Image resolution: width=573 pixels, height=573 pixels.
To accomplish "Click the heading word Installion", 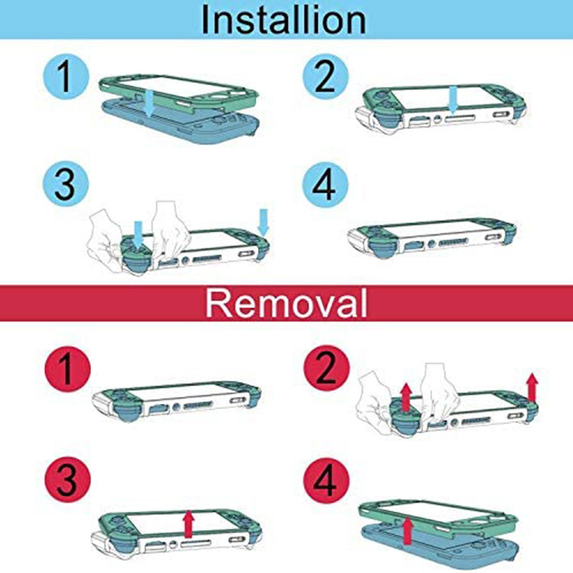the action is tap(284, 20).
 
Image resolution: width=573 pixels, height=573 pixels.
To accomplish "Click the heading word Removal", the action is tap(286, 303).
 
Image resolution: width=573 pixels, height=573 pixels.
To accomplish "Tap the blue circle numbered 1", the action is tap(66, 77).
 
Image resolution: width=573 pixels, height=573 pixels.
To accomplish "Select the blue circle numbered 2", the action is tap(325, 77).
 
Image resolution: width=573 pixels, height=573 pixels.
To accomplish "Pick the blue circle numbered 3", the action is tap(66, 185).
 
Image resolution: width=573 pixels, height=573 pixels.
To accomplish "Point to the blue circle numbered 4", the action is tap(325, 185).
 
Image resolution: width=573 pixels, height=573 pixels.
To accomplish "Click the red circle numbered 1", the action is tap(67, 369).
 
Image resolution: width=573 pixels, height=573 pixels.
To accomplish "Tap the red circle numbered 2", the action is tap(327, 368).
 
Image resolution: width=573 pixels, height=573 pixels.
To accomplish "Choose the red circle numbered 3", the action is tap(67, 479).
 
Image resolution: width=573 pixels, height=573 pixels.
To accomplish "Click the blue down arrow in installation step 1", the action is tap(149, 103).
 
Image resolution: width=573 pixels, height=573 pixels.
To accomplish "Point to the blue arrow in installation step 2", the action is tap(453, 99).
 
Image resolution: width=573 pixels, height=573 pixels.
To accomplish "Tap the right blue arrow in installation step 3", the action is tap(263, 222).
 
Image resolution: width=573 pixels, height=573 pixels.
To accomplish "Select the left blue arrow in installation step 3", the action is tap(138, 234).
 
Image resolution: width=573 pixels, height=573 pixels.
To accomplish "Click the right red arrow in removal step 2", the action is tap(532, 387).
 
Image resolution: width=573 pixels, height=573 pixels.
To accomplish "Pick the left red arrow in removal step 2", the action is tap(405, 398).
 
